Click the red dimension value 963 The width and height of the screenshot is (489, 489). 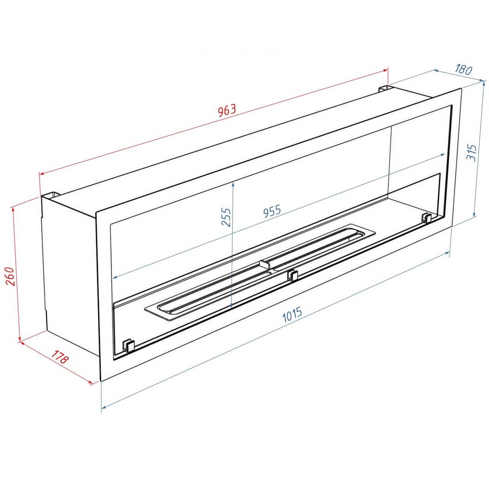[x=227, y=110]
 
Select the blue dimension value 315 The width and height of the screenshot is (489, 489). [x=472, y=153]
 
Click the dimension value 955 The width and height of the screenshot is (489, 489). [x=272, y=211]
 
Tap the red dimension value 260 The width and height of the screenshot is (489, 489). [x=11, y=276]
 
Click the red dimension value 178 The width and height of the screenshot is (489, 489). [x=60, y=357]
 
